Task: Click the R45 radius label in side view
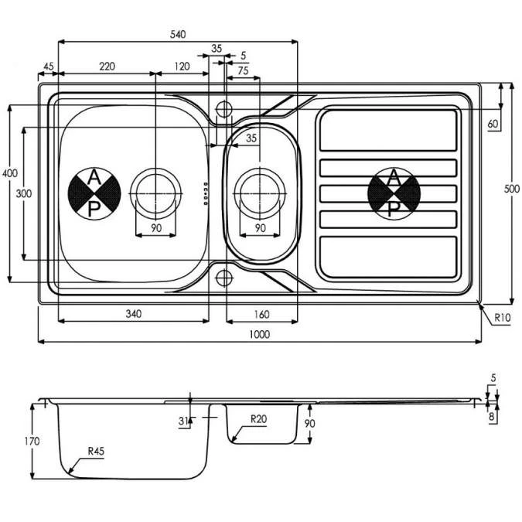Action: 97,451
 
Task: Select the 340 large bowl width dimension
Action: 133,314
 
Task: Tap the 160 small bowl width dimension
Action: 260,314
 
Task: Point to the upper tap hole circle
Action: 224,107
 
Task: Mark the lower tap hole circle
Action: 224,277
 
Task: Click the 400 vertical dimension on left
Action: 9,173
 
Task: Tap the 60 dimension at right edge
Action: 493,124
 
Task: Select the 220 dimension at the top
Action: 107,67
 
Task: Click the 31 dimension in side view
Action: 183,421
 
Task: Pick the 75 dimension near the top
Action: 242,70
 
